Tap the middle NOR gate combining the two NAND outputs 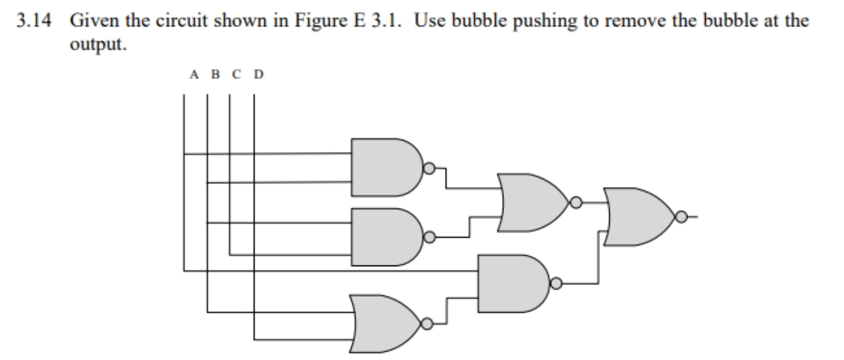[532, 202]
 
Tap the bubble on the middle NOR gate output [576, 202]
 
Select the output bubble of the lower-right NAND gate [556, 283]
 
